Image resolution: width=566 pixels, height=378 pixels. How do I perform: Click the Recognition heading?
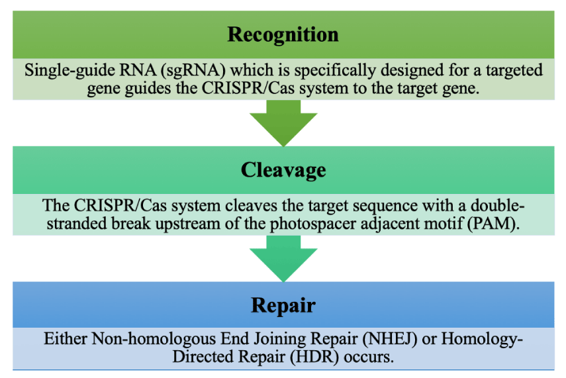tap(283, 35)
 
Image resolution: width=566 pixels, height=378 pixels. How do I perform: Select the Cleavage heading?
tap(283, 170)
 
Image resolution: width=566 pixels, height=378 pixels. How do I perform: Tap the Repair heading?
tap(283, 306)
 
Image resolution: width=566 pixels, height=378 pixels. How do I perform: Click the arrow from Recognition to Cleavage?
tap(283, 123)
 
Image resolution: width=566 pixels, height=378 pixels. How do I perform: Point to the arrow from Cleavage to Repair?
tap(283, 258)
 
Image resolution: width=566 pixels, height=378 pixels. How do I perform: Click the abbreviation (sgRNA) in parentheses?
tap(193, 70)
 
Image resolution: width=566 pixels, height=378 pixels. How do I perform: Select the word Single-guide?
tap(70, 70)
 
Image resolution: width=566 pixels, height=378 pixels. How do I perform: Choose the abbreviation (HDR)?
tap(314, 357)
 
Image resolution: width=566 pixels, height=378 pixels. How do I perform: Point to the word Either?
tap(66, 339)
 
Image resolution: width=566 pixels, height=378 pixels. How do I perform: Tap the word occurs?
tap(369, 357)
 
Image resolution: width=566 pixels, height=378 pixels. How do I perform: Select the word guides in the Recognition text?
tap(148, 89)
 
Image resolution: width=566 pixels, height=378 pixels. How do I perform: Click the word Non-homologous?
tap(154, 340)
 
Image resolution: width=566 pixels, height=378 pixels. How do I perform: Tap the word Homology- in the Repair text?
tap(481, 340)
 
